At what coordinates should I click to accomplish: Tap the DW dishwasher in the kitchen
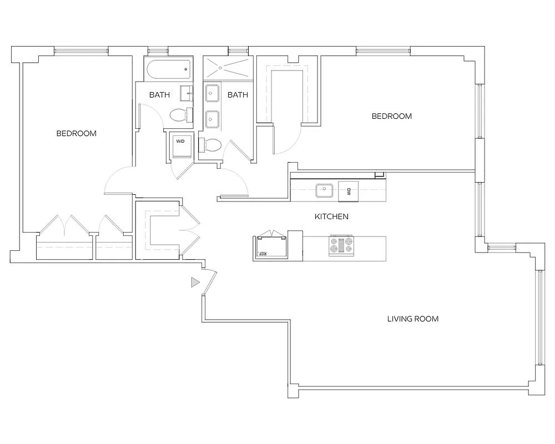(349, 191)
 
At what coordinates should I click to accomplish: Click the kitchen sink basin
(324, 191)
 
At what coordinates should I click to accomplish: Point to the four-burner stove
(341, 246)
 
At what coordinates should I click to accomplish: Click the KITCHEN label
(331, 216)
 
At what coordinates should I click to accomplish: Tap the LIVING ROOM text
(412, 319)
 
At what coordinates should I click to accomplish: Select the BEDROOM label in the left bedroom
(77, 133)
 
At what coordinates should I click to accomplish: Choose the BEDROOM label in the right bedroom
(391, 116)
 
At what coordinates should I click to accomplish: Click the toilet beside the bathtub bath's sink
(179, 115)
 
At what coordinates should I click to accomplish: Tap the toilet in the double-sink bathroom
(210, 146)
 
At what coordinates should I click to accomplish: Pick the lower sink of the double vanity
(211, 119)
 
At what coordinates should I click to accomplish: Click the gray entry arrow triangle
(194, 282)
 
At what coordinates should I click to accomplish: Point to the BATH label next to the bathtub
(159, 95)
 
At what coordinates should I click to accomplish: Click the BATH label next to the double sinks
(238, 95)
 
